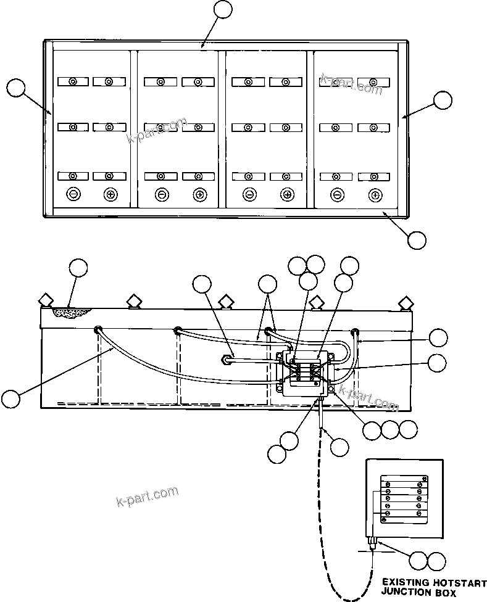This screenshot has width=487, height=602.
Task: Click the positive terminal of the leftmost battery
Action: (110, 194)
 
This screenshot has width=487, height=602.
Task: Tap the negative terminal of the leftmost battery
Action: (73, 194)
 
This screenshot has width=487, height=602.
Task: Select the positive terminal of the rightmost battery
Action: (374, 195)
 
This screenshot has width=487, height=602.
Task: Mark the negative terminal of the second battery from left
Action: (161, 195)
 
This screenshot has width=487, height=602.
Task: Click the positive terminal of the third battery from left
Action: (286, 195)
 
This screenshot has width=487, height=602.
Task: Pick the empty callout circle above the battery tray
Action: (223, 10)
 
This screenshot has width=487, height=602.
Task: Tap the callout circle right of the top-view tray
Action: (443, 101)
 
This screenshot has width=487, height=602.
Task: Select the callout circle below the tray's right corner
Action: (417, 240)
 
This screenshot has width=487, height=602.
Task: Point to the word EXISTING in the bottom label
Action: (404, 582)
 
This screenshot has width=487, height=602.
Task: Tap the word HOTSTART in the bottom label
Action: (457, 582)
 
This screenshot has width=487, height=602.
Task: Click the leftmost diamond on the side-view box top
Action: (46, 300)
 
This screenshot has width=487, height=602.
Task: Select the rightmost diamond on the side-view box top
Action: (406, 303)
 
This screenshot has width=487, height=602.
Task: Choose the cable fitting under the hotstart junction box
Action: (372, 543)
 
